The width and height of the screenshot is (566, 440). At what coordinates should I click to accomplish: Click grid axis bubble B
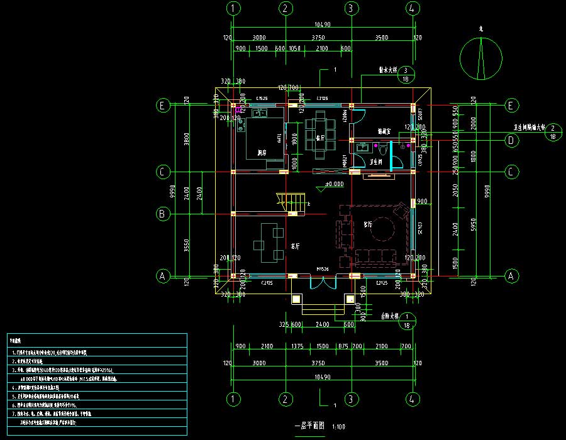(162, 214)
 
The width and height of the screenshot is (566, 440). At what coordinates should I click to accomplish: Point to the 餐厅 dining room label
(320, 137)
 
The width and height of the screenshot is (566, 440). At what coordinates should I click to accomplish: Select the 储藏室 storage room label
(384, 132)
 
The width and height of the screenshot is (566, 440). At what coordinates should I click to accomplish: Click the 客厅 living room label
(369, 224)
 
